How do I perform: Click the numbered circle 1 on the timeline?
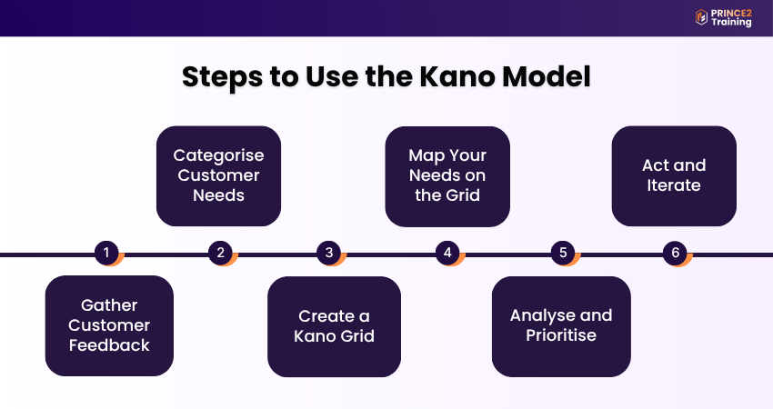click(x=106, y=253)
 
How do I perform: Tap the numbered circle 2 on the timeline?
click(x=219, y=253)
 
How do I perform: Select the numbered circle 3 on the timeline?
click(x=330, y=253)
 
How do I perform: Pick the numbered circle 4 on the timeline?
click(x=447, y=253)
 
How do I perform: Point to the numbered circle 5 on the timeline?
click(x=562, y=253)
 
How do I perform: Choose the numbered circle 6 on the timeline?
click(x=674, y=253)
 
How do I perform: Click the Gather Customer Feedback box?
click(x=109, y=325)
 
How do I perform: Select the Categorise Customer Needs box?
click(x=218, y=175)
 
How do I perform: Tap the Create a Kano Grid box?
click(x=334, y=326)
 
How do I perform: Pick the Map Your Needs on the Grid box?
click(x=447, y=175)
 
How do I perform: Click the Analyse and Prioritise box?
click(x=561, y=326)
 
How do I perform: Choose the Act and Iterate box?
click(x=674, y=175)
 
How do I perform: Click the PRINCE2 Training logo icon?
click(x=701, y=17)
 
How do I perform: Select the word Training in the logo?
click(x=732, y=23)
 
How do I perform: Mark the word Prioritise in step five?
click(x=561, y=335)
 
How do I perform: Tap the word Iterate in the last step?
click(x=674, y=185)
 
